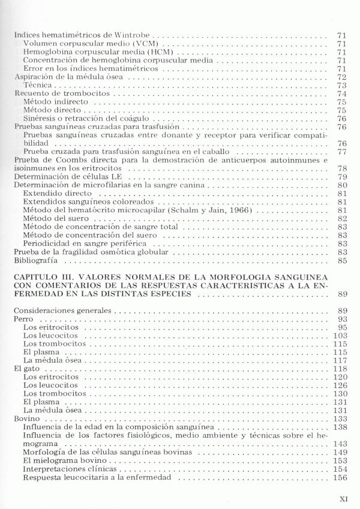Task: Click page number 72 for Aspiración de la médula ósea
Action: point(343,77)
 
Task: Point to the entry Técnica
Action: point(36,86)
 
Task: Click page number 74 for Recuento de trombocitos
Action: point(343,94)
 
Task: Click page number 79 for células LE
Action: point(343,177)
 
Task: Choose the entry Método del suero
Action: point(53,219)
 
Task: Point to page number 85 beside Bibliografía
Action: point(343,261)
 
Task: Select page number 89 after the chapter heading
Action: point(343,294)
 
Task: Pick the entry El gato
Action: point(26,369)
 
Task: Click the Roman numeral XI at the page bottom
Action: point(344,498)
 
